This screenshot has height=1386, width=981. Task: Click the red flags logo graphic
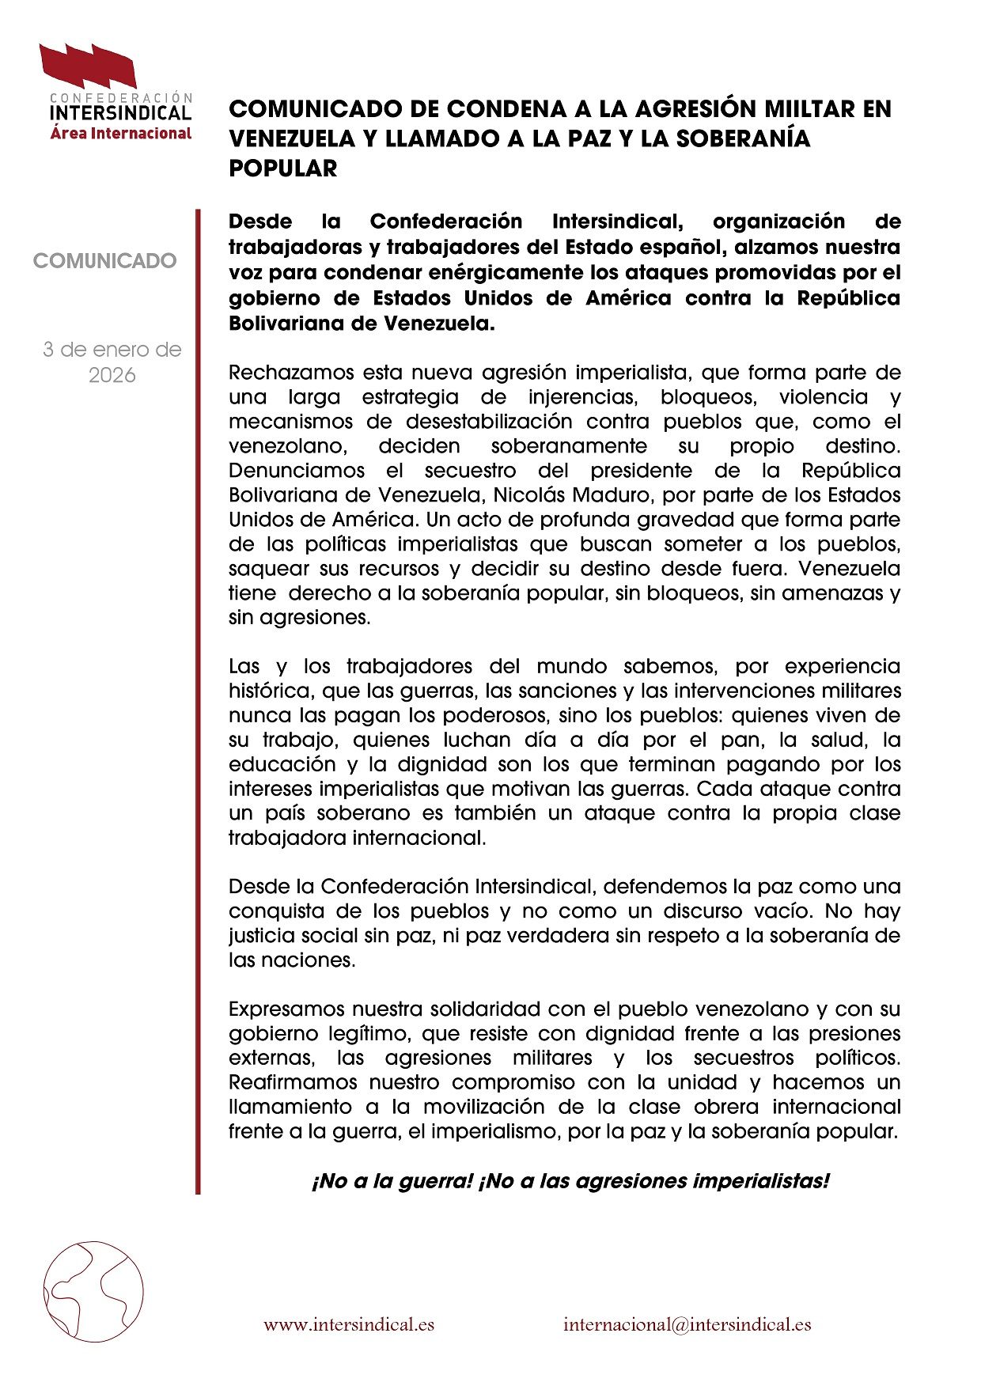(89, 66)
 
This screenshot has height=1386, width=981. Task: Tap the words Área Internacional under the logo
(121, 133)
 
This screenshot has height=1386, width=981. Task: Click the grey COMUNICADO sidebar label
(105, 260)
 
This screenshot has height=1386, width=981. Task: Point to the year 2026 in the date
(112, 375)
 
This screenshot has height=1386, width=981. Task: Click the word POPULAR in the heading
(283, 168)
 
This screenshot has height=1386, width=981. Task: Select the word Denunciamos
(297, 471)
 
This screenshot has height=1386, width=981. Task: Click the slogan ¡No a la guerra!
(392, 1181)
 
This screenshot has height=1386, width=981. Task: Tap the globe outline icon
(93, 1291)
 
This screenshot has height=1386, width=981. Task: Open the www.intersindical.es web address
(349, 1324)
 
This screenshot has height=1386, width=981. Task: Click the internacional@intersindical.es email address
(687, 1324)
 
